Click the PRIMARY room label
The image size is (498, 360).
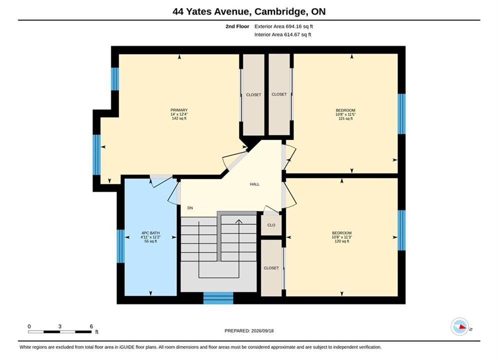[179, 110]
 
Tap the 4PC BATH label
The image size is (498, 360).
[151, 233]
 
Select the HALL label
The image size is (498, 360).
[255, 184]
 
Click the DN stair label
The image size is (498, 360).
[190, 208]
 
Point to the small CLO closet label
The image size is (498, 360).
[271, 225]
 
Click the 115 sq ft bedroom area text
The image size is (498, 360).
[345, 118]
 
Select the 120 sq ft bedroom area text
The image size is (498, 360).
[342, 241]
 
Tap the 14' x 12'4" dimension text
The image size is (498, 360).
[179, 114]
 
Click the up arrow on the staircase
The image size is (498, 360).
[239, 221]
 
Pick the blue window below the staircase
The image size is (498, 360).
[218, 298]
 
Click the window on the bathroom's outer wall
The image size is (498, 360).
[121, 246]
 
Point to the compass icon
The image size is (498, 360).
[459, 326]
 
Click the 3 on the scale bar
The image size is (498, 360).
[60, 326]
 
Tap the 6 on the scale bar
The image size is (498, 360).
[92, 326]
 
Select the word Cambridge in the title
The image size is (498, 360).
[279, 11]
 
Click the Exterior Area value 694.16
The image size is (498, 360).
[294, 26]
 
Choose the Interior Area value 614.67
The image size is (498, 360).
[292, 34]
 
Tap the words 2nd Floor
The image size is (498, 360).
[237, 26]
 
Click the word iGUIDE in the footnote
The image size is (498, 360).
[127, 347]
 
